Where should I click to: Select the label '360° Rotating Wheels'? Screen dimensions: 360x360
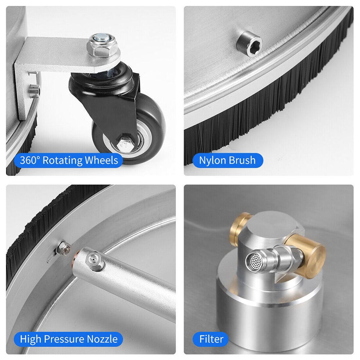click(69, 160)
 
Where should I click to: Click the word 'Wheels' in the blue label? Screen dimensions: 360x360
click(101, 160)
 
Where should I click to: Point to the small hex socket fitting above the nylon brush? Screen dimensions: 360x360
click(249, 44)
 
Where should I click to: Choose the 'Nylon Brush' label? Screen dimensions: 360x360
click(227, 160)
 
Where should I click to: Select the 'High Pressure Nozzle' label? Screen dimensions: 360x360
click(68, 339)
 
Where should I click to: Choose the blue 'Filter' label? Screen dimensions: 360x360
click(211, 339)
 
